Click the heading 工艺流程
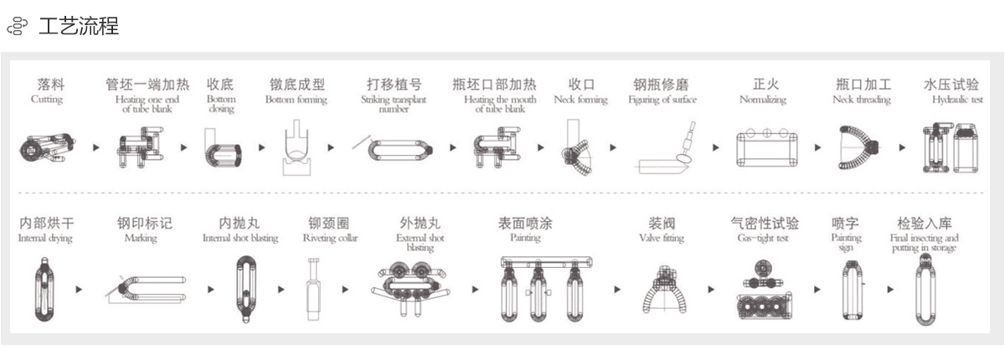79,27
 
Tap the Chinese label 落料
50,85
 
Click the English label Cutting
47,100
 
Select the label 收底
220,85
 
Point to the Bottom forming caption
296,100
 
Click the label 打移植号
394,85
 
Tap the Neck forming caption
580,100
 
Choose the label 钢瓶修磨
662,85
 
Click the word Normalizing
763,100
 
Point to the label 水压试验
951,85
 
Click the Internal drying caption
45,239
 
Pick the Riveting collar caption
330,239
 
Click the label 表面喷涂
525,224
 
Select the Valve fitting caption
662,239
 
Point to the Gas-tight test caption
763,239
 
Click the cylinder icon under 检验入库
925,289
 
